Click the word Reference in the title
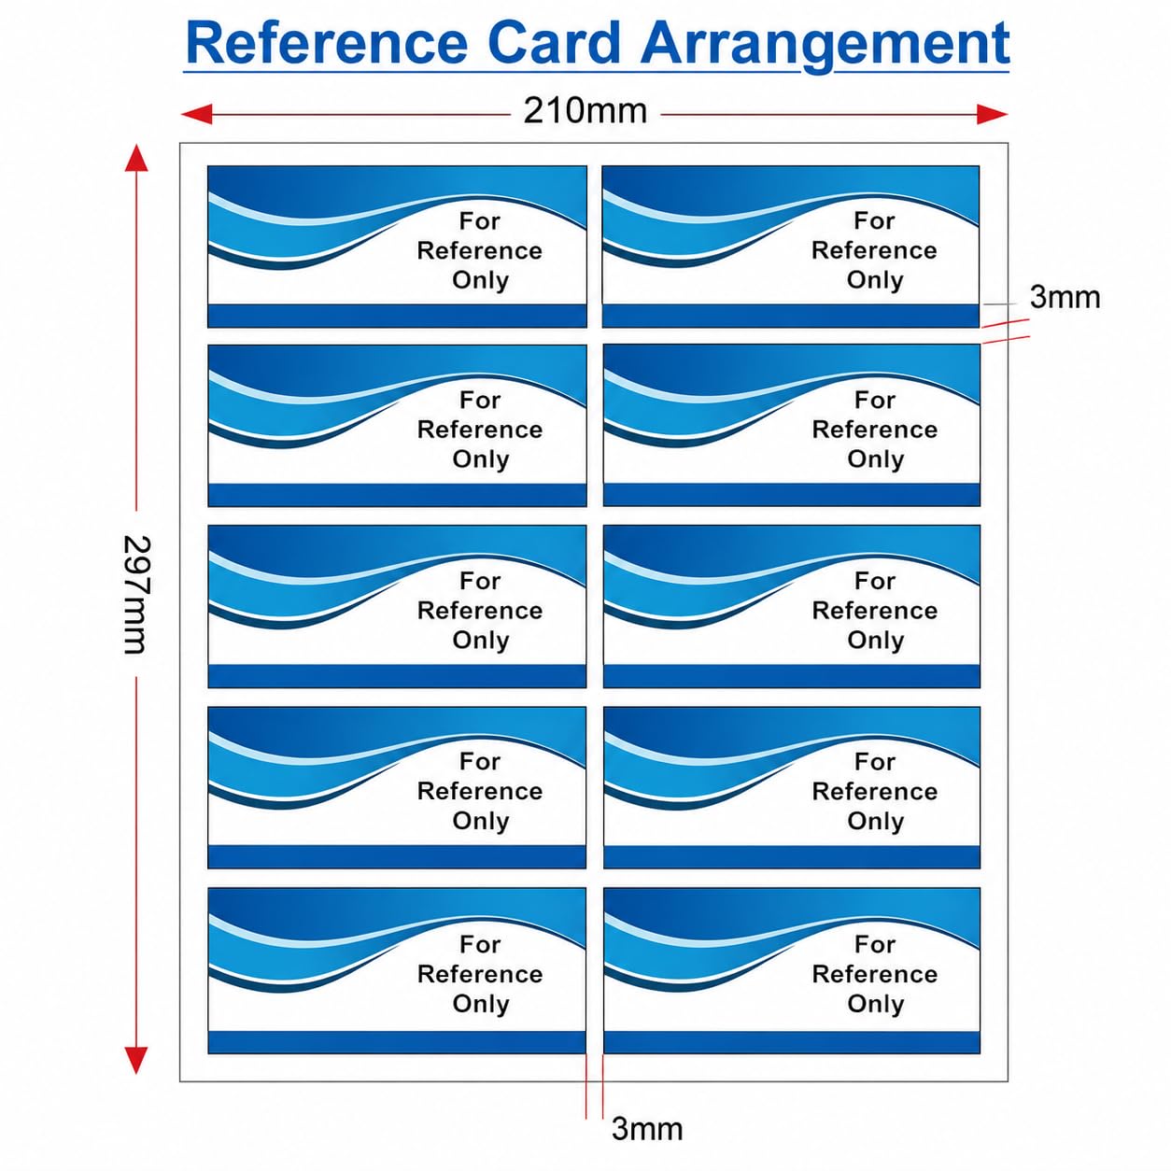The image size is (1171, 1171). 327,43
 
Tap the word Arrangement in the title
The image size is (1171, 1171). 824,46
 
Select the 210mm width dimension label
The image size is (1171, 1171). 585,111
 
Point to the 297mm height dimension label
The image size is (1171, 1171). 134,594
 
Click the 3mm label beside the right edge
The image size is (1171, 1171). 1065,298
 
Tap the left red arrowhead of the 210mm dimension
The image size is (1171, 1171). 197,114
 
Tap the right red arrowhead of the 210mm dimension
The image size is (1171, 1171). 992,114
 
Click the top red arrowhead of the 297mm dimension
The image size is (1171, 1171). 136,158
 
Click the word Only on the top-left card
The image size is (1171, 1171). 480,281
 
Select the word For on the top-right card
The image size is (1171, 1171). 874,220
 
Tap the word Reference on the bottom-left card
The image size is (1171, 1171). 480,974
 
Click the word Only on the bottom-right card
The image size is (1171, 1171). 876,1004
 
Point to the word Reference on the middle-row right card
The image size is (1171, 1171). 875,611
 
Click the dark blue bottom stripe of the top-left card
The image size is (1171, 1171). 398,316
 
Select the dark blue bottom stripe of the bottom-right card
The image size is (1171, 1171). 792,1042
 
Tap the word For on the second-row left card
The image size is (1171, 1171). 480,400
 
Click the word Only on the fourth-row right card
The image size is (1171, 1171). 876,821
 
